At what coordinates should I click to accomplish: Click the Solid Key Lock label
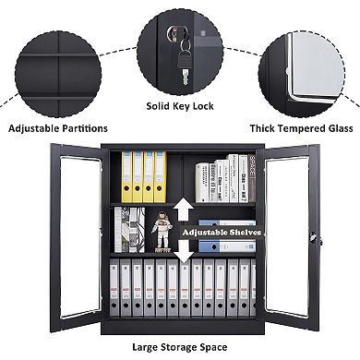coord(180,106)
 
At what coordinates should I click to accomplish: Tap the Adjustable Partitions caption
coord(58,128)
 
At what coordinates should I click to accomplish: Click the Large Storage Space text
coord(180,348)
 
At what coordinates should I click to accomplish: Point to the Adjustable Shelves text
coord(222,233)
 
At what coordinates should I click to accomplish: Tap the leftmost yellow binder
coord(125,177)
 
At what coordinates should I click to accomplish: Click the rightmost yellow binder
coord(161,177)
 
